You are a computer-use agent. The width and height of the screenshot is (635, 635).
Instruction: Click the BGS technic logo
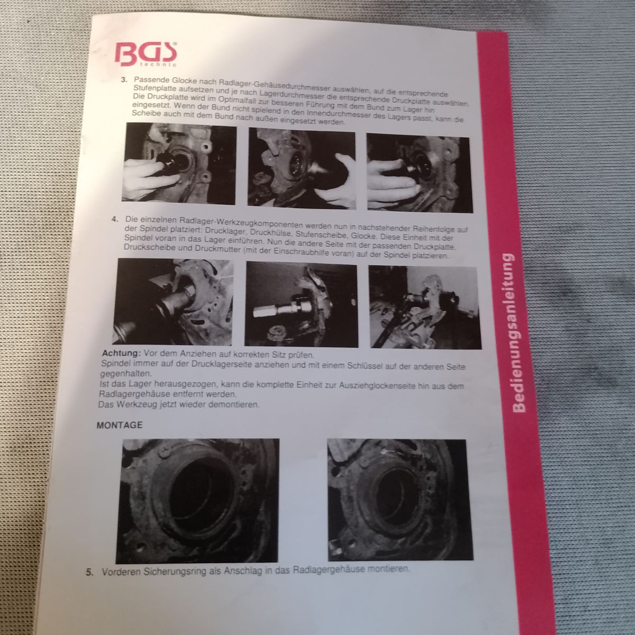point(146,54)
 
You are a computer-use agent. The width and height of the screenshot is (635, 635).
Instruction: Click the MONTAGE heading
point(120,425)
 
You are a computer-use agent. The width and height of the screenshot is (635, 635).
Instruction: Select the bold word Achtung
point(121,353)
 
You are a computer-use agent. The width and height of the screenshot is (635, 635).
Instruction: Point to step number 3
point(124,80)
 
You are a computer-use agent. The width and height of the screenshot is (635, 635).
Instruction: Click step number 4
point(115,219)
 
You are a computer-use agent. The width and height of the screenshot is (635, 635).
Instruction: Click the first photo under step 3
point(179,164)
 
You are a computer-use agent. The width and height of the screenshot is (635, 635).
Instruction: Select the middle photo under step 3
point(302,168)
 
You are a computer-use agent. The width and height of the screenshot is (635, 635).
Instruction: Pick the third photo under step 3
point(420,173)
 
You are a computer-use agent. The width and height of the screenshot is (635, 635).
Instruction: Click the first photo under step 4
point(173,302)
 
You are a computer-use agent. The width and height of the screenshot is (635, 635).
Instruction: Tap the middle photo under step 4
point(301,304)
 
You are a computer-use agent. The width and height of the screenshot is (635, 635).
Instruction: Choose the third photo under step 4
point(425,307)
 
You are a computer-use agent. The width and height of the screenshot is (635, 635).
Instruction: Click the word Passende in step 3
point(150,80)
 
